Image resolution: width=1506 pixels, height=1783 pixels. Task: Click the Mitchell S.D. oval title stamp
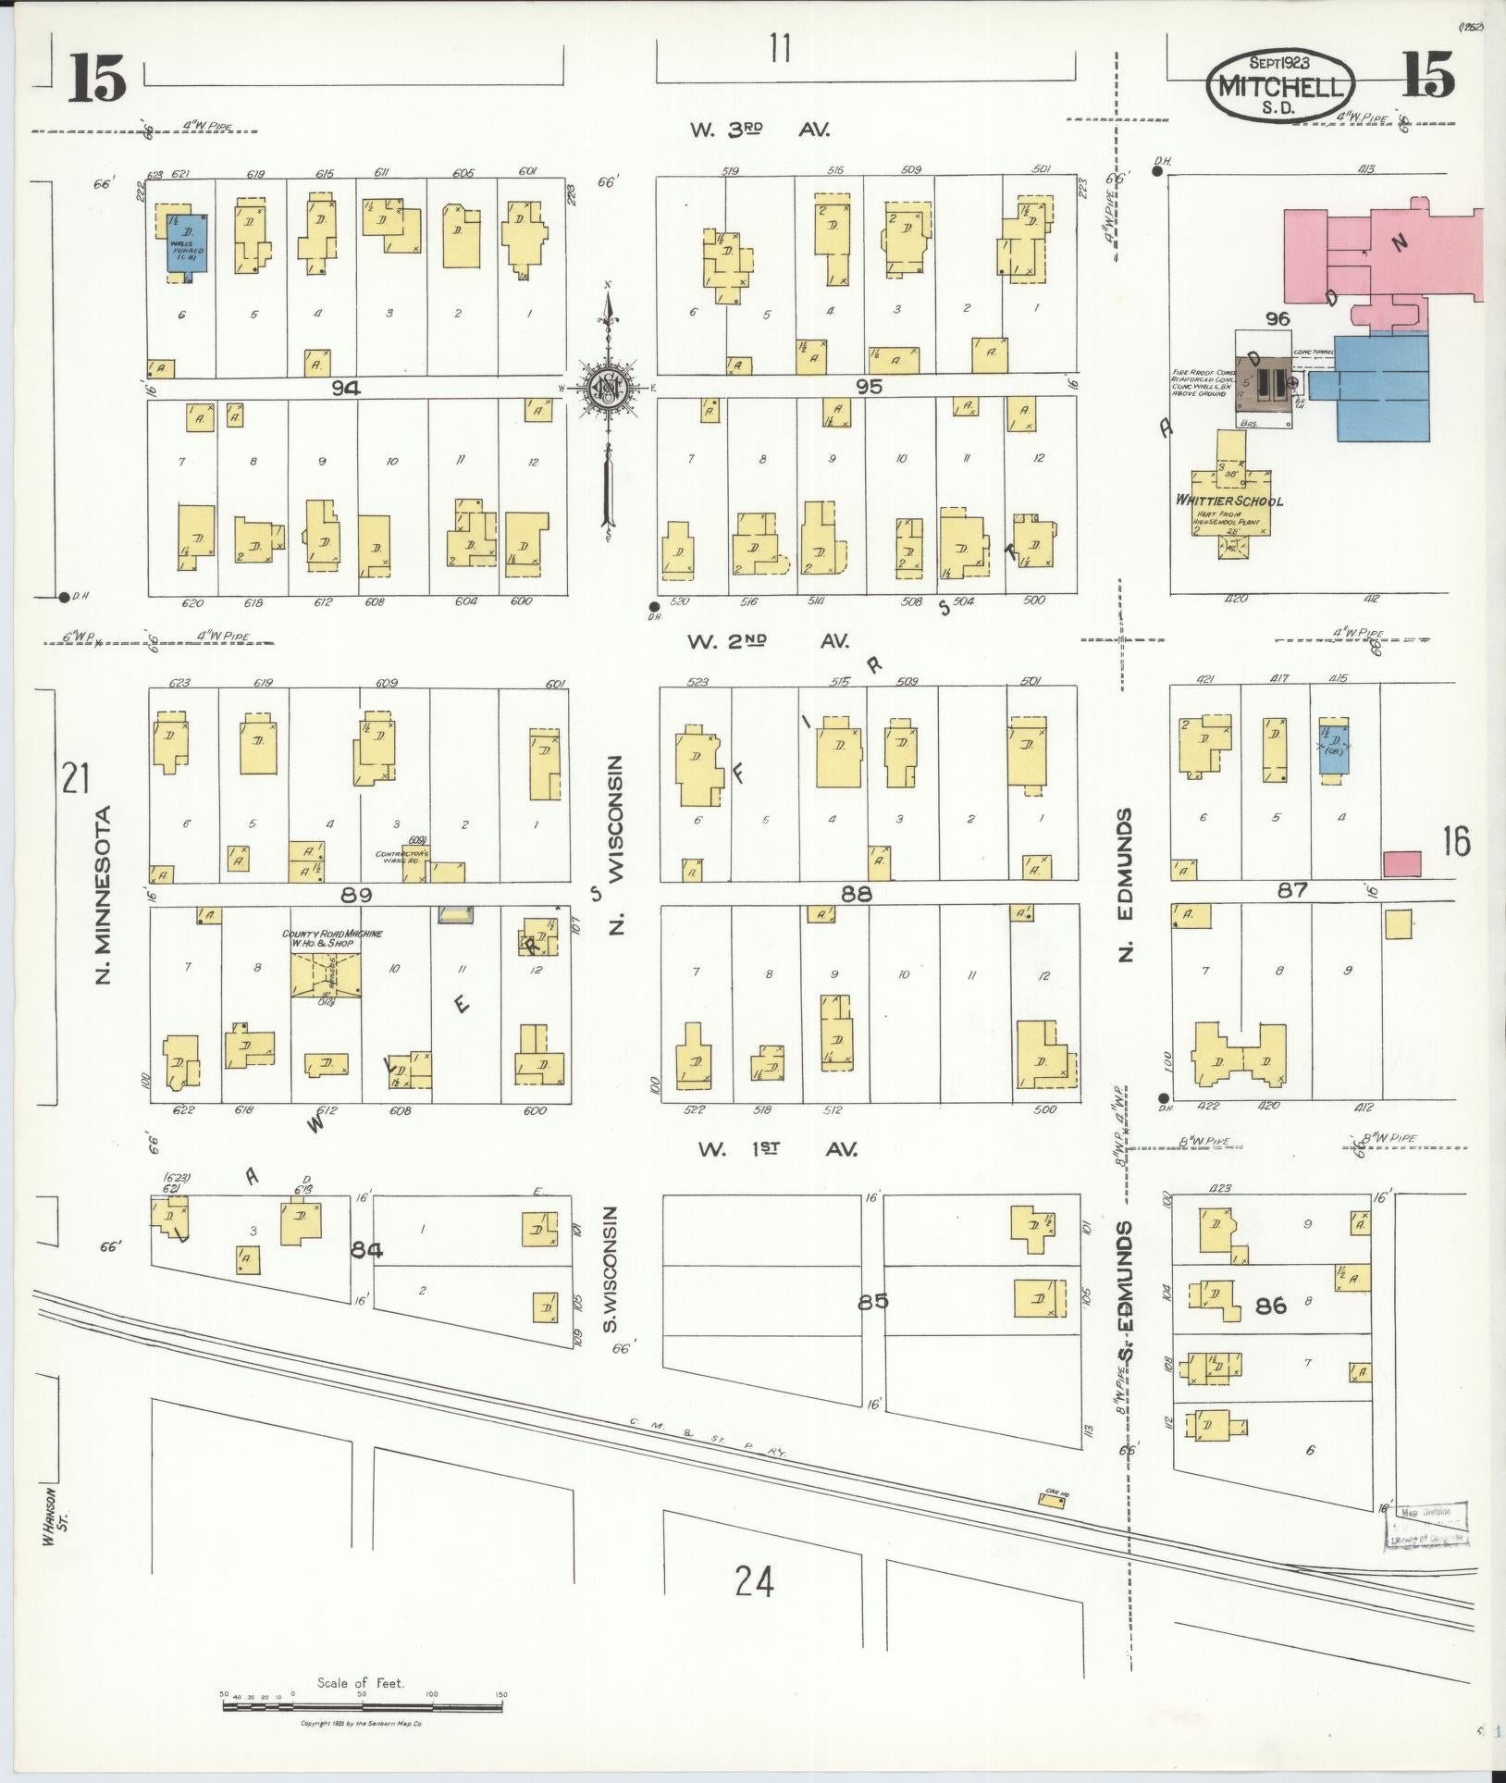coord(1281,86)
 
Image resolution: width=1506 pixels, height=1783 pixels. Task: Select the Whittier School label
coord(1228,501)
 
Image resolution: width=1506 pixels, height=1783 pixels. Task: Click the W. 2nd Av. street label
coord(767,640)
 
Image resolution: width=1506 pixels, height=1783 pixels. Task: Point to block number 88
coord(857,893)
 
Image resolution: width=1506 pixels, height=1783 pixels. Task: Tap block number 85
coord(871,1301)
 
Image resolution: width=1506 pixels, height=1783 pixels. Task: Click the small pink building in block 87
coord(1401,863)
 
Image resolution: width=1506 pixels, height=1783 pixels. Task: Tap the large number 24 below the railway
coord(754,1581)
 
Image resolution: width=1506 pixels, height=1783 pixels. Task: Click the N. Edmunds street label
coord(1125,885)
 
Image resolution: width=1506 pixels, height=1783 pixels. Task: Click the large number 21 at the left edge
coord(75,776)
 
